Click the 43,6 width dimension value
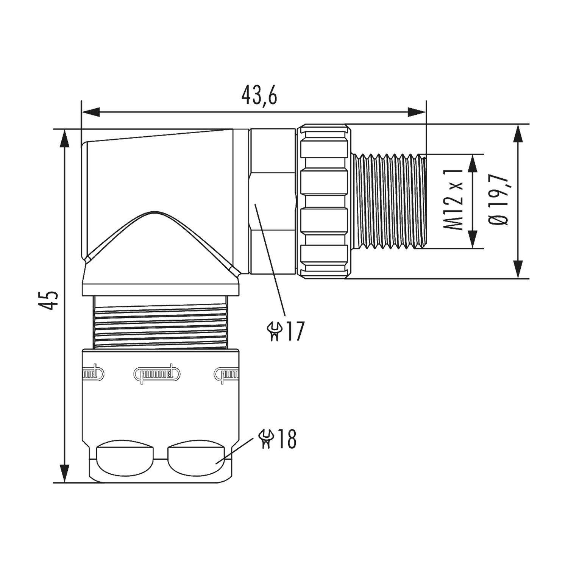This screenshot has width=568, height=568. point(259,97)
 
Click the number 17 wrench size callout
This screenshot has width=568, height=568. point(294,332)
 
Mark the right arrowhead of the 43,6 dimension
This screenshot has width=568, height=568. point(417,112)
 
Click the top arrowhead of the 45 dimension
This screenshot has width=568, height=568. point(66,138)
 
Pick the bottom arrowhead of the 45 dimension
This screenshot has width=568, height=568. point(66,473)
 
